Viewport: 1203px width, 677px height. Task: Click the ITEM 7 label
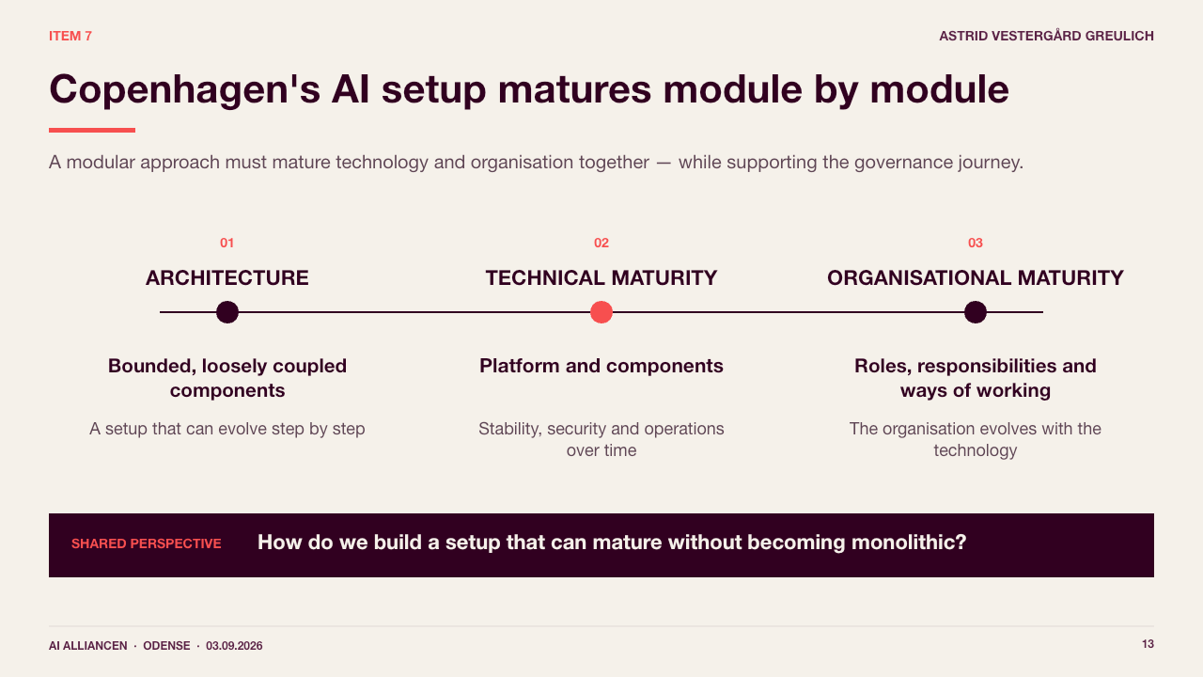tap(70, 36)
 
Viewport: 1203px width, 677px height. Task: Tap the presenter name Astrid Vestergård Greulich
tap(1046, 36)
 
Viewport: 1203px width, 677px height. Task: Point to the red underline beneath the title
tap(92, 130)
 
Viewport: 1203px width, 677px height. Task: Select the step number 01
tap(227, 243)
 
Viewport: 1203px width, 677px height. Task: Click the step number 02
tap(601, 243)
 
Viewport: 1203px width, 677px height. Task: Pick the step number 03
tap(976, 243)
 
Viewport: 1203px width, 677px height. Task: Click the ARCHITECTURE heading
tap(227, 277)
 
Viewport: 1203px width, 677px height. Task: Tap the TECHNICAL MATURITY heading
tap(601, 277)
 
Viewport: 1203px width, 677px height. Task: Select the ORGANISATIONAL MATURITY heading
tap(976, 277)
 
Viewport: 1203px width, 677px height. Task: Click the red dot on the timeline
tap(601, 312)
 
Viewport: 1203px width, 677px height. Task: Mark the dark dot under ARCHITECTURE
tap(227, 312)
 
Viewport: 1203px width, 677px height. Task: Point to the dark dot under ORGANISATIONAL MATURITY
tap(976, 312)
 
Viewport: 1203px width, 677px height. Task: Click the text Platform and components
tap(601, 366)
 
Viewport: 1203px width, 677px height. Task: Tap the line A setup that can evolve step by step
tap(227, 429)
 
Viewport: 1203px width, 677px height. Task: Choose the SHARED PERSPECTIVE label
tap(146, 543)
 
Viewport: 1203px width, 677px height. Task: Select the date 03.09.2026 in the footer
tap(234, 646)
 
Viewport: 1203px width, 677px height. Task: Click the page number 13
tap(1148, 644)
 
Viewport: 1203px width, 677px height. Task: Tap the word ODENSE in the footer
tap(166, 646)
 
